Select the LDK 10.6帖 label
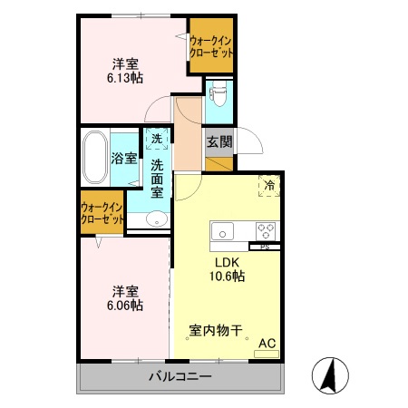click(226, 270)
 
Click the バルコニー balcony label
click(180, 375)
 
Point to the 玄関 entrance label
click(219, 141)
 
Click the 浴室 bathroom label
click(124, 158)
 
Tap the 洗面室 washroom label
click(157, 179)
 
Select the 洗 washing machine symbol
click(157, 139)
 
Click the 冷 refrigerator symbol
click(269, 185)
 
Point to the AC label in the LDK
click(267, 343)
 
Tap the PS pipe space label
click(265, 246)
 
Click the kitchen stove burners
click(266, 229)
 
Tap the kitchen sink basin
click(223, 229)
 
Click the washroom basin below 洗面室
click(157, 218)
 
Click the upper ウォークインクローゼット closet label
click(211, 46)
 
